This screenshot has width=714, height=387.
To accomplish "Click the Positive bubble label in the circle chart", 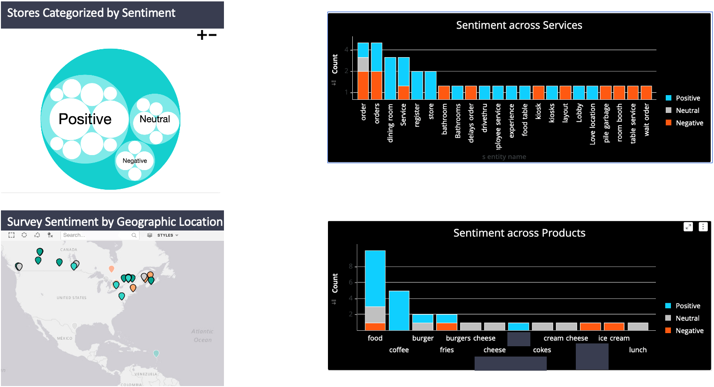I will [x=85, y=119].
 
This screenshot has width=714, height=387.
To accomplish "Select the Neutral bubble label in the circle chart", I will [x=155, y=119].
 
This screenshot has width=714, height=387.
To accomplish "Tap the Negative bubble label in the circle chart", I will [x=134, y=161].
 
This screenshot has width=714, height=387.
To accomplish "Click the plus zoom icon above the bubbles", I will [x=202, y=35].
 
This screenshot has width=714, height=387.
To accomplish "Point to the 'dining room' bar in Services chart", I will [x=390, y=78].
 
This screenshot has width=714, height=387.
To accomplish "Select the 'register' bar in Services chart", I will [x=417, y=85].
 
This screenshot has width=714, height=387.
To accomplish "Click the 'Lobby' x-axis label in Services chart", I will [x=579, y=113].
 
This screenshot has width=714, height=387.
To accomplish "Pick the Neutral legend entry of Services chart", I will [x=687, y=111].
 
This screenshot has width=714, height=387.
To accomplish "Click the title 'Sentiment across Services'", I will [x=519, y=25].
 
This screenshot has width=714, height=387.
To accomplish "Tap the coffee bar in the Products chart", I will [x=399, y=310].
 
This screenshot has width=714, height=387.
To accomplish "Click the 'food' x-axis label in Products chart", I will [x=375, y=338].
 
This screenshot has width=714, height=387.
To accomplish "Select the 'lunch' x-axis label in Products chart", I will [x=638, y=350].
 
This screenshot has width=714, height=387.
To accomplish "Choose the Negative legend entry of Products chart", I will [x=689, y=331].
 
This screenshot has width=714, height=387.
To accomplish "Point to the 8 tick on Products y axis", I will [x=350, y=267].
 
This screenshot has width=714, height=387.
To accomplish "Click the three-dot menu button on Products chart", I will [x=703, y=227].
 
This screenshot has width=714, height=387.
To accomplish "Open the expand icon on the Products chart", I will [x=688, y=227].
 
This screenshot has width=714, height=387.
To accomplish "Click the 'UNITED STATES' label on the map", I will [x=71, y=298].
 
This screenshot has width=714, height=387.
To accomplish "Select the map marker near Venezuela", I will [x=156, y=353].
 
